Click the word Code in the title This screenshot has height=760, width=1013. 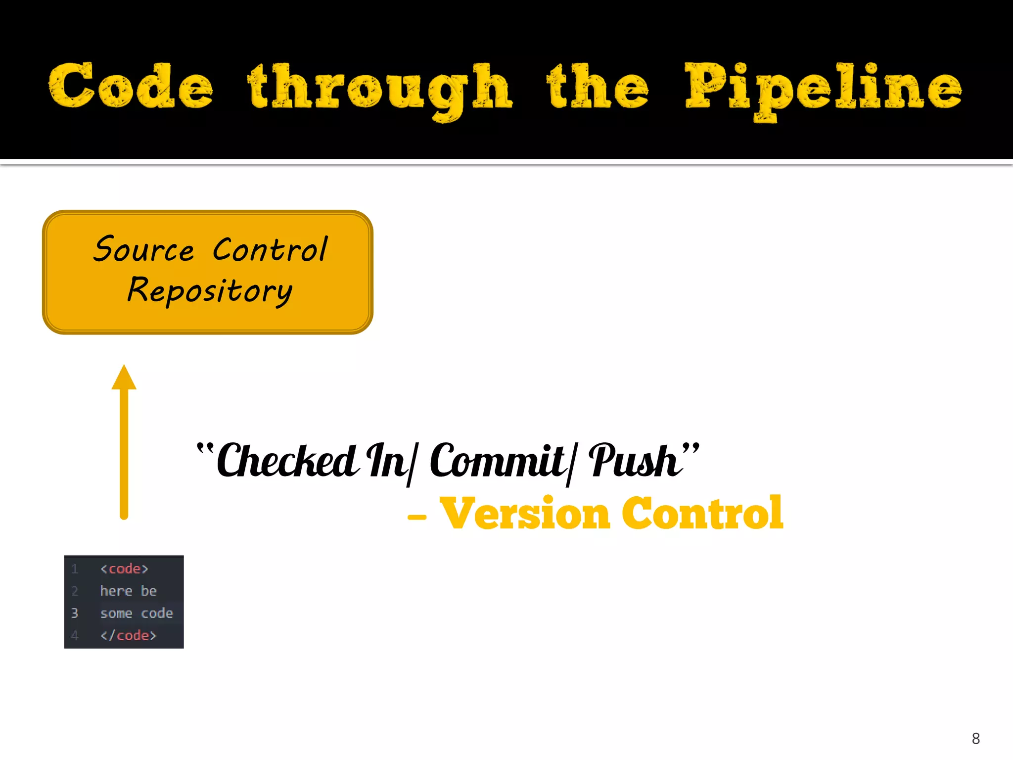point(131,86)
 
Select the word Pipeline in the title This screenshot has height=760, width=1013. point(823,89)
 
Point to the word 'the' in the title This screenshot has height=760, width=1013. point(598,86)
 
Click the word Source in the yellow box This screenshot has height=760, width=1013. point(144,249)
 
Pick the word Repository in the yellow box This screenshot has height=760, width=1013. point(210,291)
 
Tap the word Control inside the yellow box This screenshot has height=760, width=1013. point(270,249)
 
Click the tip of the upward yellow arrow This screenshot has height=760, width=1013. point(124,369)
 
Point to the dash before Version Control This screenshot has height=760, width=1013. point(416,518)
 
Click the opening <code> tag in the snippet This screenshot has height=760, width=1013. point(124,569)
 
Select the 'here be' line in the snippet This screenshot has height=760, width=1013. point(128,591)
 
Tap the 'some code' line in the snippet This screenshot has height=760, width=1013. point(137,614)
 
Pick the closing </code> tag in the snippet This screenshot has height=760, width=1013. point(128,635)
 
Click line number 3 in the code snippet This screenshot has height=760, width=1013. point(75,614)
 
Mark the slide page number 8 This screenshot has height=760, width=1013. point(975,738)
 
